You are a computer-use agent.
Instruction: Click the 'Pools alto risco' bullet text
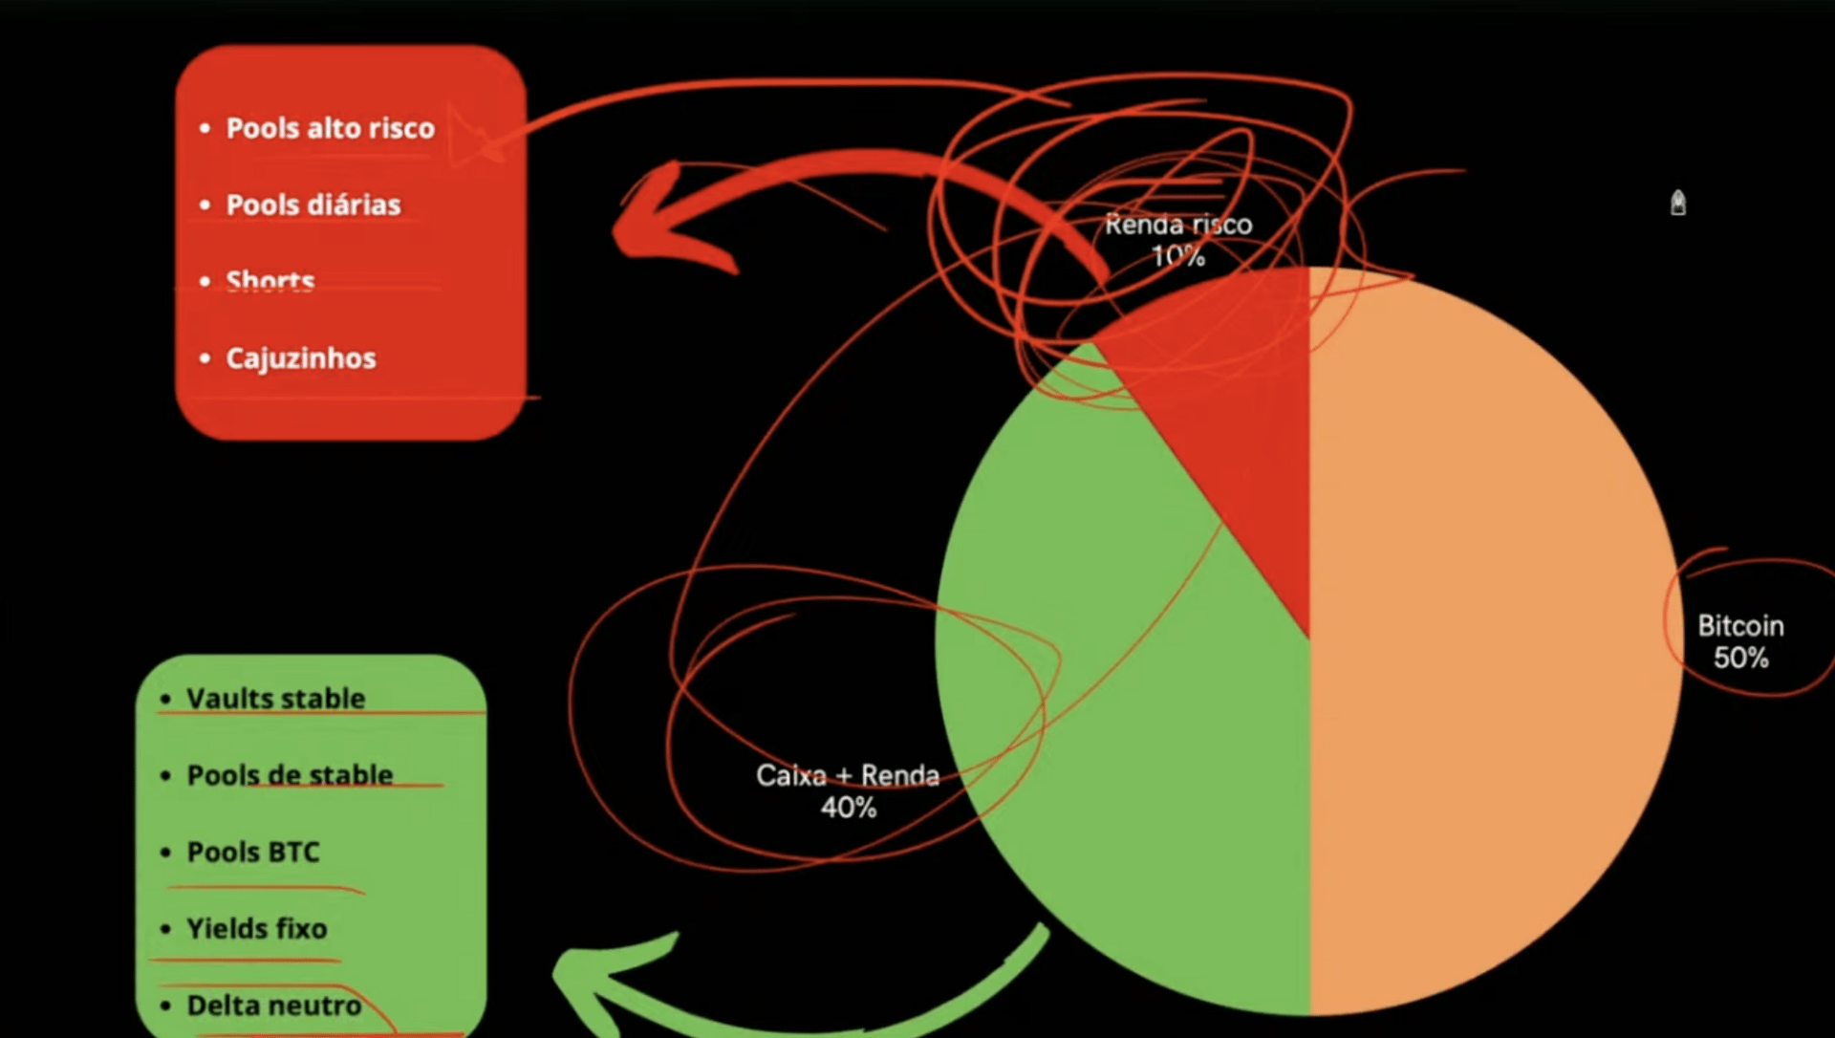click(x=330, y=128)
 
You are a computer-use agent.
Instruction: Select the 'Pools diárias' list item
click(x=313, y=205)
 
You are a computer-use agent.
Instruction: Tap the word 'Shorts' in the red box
click(x=270, y=281)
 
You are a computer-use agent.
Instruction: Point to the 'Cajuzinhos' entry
click(x=300, y=358)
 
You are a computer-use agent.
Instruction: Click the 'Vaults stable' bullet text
click(x=275, y=699)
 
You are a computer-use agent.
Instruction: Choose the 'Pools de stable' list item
click(x=290, y=775)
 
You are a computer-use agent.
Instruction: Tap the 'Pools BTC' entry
click(x=253, y=852)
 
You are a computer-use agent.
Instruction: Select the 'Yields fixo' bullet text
click(x=256, y=928)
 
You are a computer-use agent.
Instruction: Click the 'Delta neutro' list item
click(x=273, y=1006)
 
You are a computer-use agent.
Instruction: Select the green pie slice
click(x=1128, y=726)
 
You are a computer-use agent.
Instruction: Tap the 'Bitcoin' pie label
click(x=1740, y=626)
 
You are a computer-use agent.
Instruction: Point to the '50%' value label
click(x=1740, y=658)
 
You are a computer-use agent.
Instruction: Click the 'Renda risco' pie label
click(x=1178, y=225)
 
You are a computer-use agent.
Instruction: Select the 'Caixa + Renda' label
click(x=848, y=775)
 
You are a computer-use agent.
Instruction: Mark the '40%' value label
click(x=848, y=808)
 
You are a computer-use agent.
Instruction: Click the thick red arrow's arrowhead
click(x=659, y=225)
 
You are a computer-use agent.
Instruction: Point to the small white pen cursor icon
click(x=1677, y=203)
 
